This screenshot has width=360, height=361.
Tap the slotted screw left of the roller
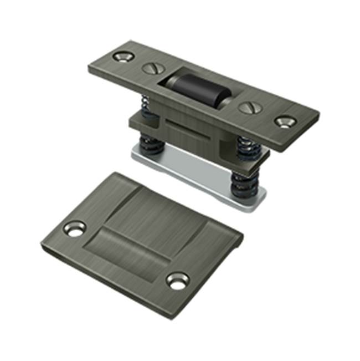(x=151, y=68)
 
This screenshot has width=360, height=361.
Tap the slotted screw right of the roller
(x=248, y=108)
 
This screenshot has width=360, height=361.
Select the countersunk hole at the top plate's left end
(x=122, y=56)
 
